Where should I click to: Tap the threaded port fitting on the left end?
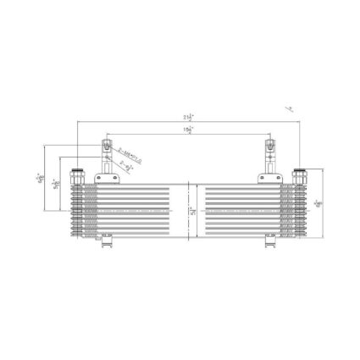[79, 175]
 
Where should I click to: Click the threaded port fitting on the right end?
[300, 175]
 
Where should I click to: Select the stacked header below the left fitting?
[79, 208]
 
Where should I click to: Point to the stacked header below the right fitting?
[300, 208]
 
